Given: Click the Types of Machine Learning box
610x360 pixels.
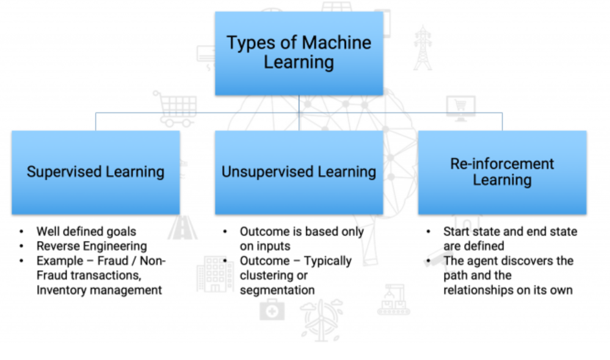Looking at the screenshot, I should click(x=299, y=53).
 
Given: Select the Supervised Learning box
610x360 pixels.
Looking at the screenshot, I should click(x=95, y=172).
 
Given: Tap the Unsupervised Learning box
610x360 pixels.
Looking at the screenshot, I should click(x=299, y=172).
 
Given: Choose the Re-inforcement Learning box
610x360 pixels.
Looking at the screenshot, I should click(x=502, y=172).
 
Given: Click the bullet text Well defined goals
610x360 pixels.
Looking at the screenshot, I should click(x=86, y=231).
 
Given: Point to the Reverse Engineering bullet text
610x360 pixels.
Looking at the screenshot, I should click(x=92, y=246).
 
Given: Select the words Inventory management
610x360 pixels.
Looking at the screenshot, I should click(x=99, y=290).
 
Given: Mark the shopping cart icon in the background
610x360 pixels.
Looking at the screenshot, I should click(x=175, y=107).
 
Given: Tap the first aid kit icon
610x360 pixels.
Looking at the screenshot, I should click(x=272, y=310).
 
